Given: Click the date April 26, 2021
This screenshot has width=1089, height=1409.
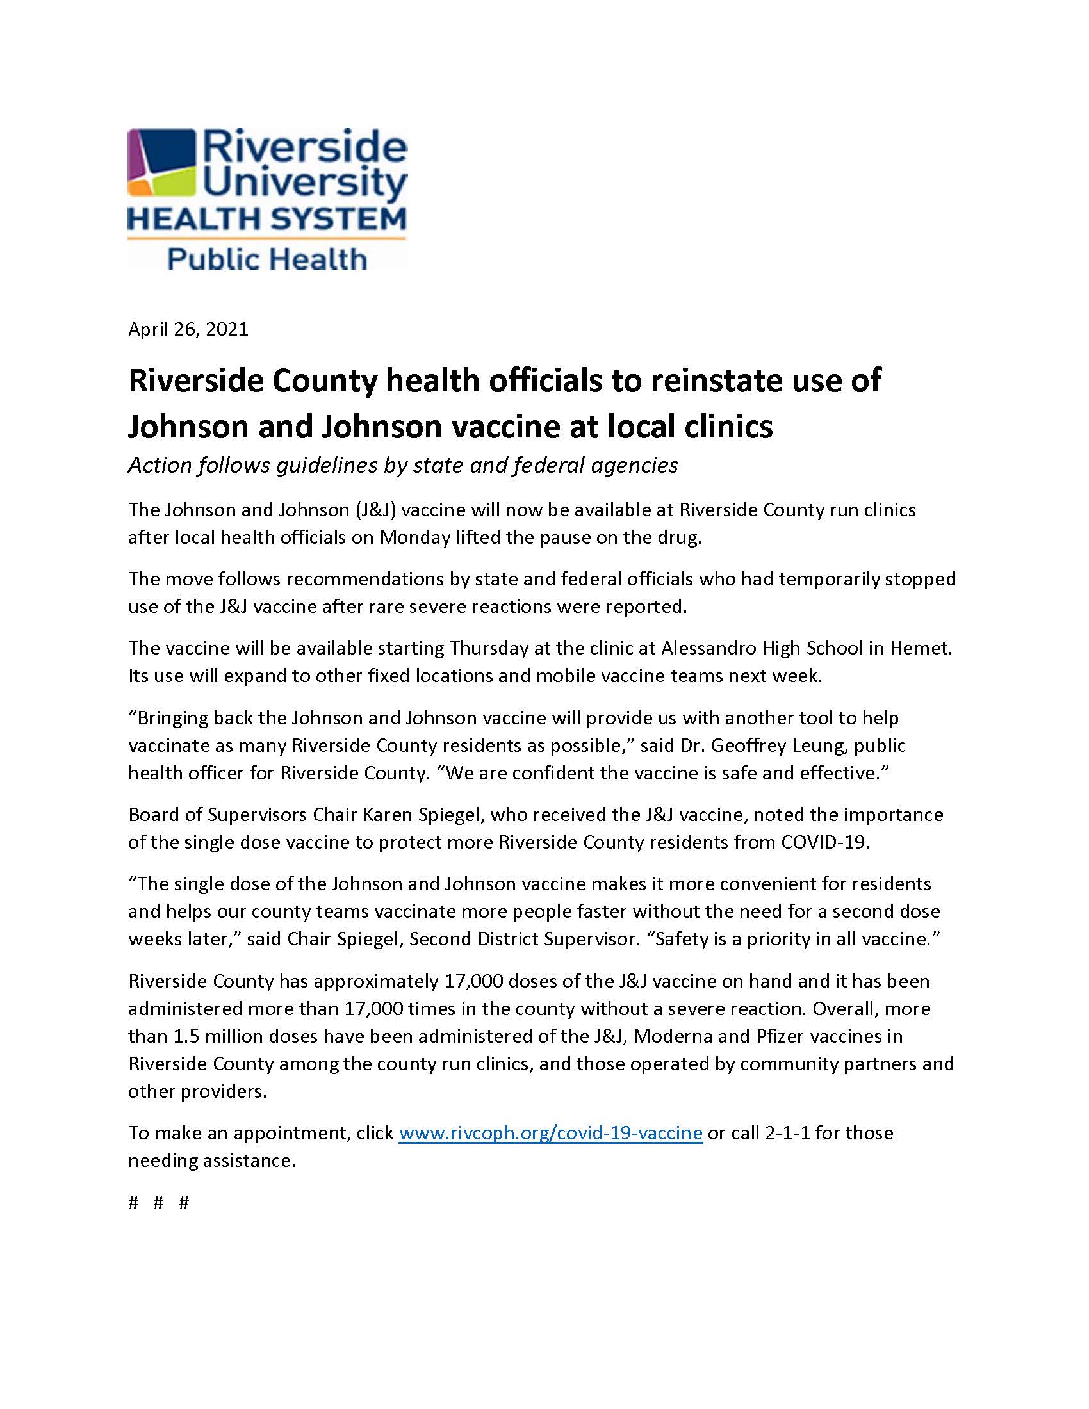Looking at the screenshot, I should point(188,330).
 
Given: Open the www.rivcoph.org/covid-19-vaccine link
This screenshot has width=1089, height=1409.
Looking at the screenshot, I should point(550,1133).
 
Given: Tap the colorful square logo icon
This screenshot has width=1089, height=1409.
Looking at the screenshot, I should point(162,163).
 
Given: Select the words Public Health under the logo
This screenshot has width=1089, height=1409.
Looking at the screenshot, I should point(267,259).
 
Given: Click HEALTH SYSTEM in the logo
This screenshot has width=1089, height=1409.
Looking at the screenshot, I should point(267,218).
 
